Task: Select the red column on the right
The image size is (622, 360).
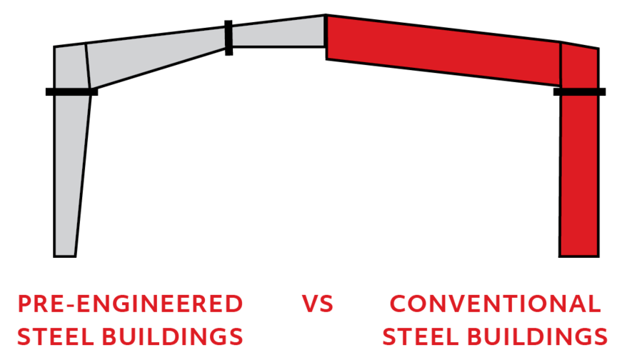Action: (578, 175)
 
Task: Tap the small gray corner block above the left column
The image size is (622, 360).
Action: (71, 67)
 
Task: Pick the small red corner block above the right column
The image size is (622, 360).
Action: (579, 67)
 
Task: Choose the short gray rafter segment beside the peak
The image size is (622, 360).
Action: (278, 33)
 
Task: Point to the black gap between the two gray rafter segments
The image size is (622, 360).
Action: (229, 36)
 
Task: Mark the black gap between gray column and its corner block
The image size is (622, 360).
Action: (72, 91)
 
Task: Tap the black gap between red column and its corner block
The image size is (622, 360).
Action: (579, 91)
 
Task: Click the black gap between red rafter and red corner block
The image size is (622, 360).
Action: (561, 64)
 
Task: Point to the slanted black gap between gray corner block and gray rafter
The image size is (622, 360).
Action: (87, 66)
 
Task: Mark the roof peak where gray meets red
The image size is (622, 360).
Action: (326, 19)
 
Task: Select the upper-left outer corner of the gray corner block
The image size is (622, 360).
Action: (56, 49)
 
